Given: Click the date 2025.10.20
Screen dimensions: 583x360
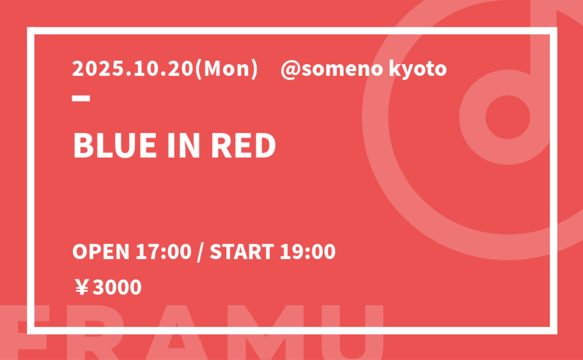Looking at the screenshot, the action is click(133, 69).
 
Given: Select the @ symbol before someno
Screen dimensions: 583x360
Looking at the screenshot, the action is click(291, 70).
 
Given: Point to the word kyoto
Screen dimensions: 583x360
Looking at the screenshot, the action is click(417, 70).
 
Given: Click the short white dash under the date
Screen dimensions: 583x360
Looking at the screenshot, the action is click(81, 98).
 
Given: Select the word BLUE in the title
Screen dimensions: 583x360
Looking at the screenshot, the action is click(115, 146).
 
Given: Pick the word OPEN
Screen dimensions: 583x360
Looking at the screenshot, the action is click(101, 252).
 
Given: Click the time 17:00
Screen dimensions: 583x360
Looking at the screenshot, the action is click(163, 252).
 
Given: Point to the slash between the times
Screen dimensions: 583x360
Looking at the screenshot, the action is click(201, 252).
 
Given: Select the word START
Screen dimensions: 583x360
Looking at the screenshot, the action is click(242, 252).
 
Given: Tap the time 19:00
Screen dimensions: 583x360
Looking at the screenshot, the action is click(307, 252).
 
